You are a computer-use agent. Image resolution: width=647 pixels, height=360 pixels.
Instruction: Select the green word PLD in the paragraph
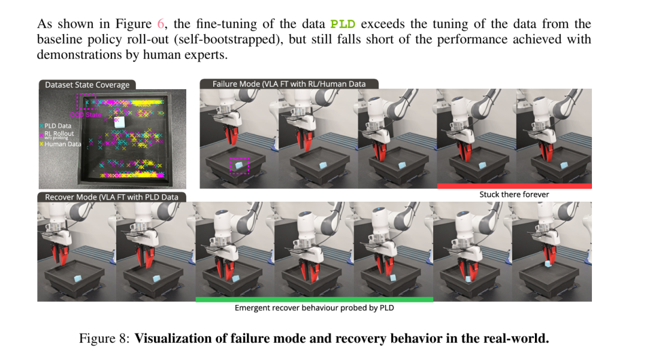pos(343,25)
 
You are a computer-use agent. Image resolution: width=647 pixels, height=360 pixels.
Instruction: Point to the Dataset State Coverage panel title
pos(87,85)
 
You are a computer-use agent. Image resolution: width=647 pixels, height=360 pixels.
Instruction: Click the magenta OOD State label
pos(86,114)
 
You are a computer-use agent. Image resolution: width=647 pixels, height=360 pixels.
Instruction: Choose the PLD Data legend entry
pos(58,126)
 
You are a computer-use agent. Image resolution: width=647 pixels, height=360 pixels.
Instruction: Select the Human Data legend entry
pos(62,144)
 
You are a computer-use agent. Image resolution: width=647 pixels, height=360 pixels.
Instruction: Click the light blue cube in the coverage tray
pos(119,123)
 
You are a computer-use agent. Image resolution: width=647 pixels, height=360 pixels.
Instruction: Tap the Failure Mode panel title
pos(289,84)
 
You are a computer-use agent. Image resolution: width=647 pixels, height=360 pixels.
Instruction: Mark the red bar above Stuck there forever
pos(514,186)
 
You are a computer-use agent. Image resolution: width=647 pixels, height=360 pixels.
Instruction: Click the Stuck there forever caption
pos(514,195)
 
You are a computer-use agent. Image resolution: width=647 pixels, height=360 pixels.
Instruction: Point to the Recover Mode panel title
pos(111,196)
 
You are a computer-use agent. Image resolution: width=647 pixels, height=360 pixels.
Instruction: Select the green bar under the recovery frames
pos(314,299)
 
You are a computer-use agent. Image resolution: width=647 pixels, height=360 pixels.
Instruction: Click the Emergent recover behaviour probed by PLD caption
pos(314,308)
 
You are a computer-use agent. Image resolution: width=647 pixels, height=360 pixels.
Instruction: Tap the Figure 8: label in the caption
pos(104,338)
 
